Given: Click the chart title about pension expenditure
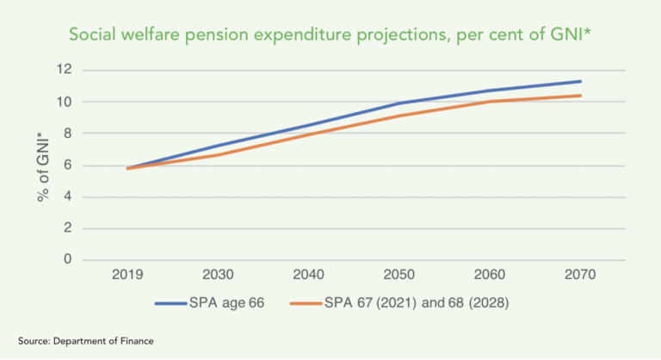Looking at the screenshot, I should tap(330, 35).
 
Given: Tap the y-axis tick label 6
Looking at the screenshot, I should tap(65, 165).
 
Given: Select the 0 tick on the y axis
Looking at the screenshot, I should tap(65, 260).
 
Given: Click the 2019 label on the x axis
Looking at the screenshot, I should tap(127, 276).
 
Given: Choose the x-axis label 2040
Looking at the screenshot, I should tap(308, 276).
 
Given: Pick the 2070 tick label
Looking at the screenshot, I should tap(579, 276).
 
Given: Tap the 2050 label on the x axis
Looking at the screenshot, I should tap(398, 276).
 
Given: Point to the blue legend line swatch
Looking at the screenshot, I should tap(177, 303).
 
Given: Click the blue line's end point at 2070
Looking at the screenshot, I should tap(580, 82).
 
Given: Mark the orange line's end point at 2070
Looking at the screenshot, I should tap(580, 96).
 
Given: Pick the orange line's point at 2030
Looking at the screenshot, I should tap(218, 155).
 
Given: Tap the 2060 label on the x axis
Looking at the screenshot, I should tap(489, 276).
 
